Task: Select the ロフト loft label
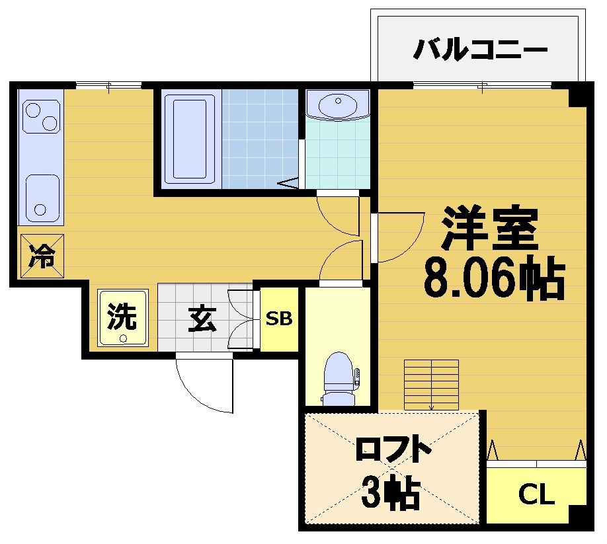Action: tap(393, 451)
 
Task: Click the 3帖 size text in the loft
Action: tap(391, 492)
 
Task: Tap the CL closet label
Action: tap(536, 494)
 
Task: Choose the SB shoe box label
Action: tap(279, 319)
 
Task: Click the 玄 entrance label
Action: tap(202, 320)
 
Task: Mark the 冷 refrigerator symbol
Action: tap(42, 256)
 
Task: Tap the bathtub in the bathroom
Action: tap(190, 139)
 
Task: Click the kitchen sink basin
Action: tap(44, 198)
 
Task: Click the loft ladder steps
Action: tap(431, 384)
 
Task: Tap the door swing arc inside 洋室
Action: tap(400, 237)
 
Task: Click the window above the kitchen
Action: tap(108, 85)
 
